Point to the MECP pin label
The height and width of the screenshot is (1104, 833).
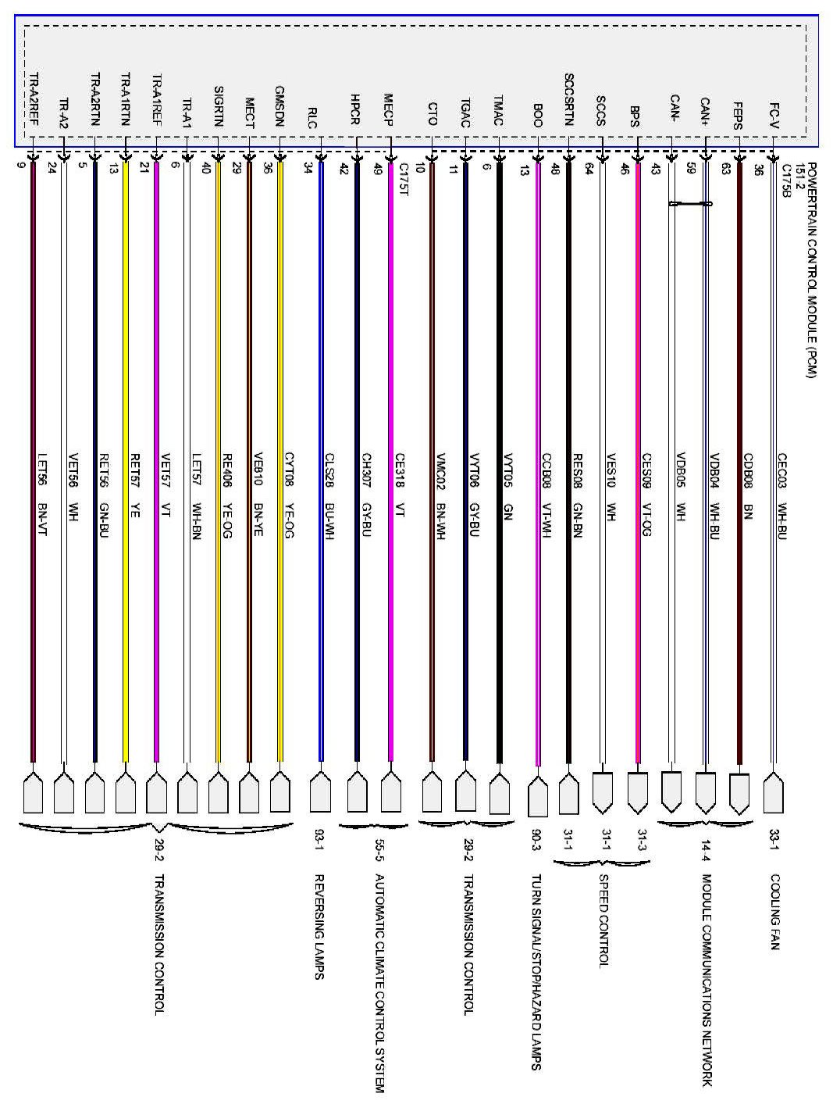[388, 110]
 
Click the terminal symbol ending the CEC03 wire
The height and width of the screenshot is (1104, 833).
[774, 793]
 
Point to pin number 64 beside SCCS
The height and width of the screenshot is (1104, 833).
[589, 171]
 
